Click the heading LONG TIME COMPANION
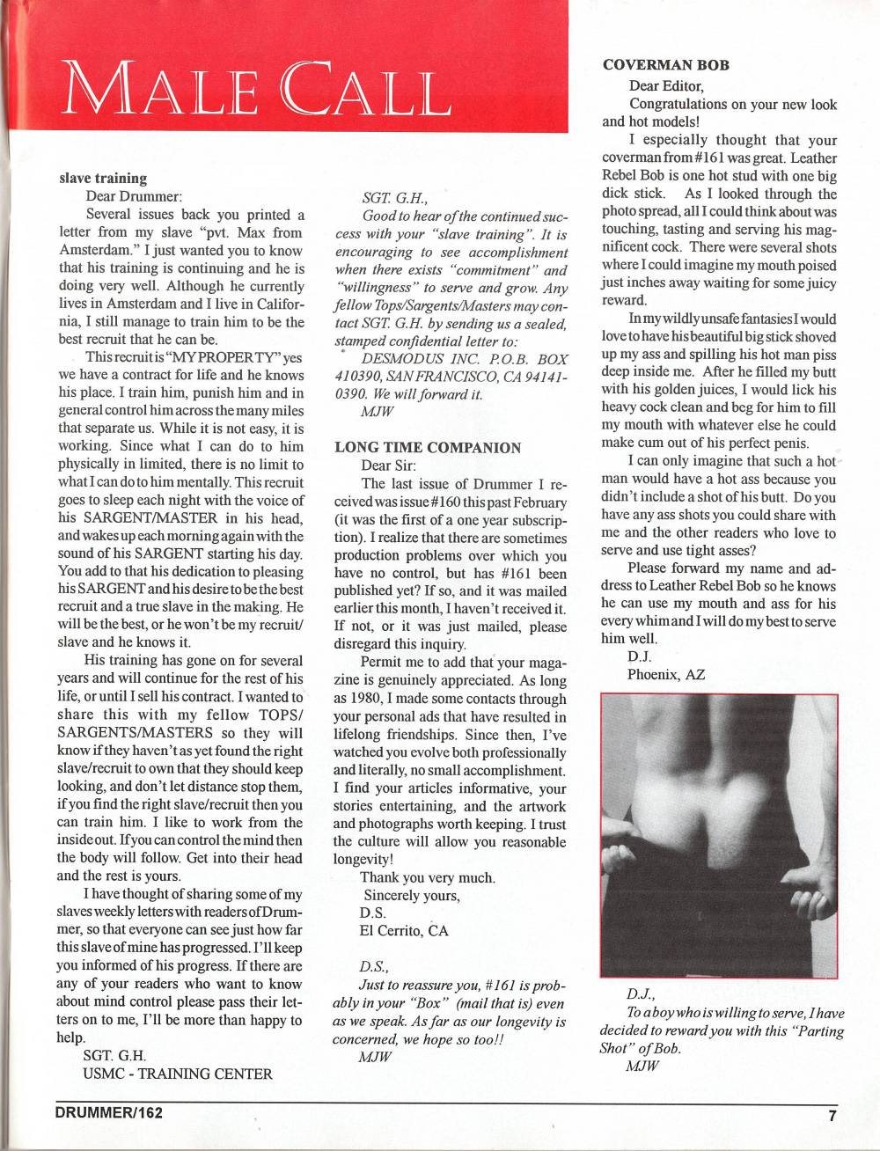point(428,446)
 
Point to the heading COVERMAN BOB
point(666,66)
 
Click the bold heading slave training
point(103,179)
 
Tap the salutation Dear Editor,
point(666,85)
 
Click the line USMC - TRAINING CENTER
point(177,1074)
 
